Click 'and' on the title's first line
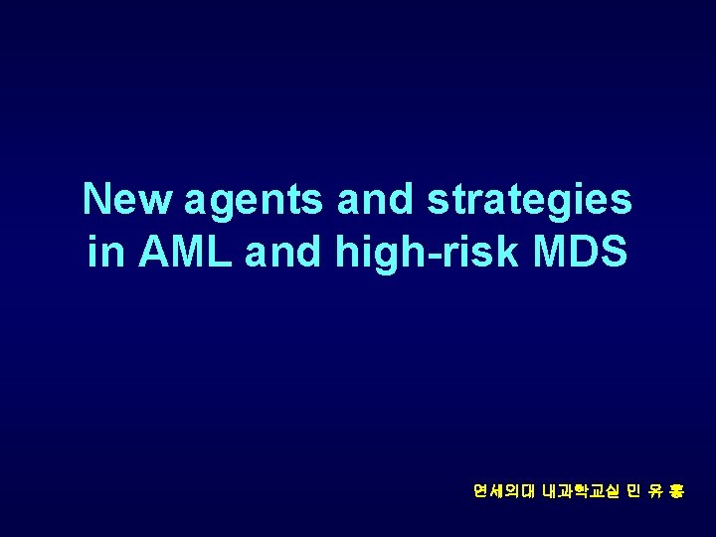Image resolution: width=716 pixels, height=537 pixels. point(375,199)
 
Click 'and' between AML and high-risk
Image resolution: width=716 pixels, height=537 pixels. point(283,253)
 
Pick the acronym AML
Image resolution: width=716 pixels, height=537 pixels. point(187,253)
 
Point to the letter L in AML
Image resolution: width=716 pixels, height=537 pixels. point(224,253)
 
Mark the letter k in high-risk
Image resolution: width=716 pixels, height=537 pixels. point(509,253)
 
